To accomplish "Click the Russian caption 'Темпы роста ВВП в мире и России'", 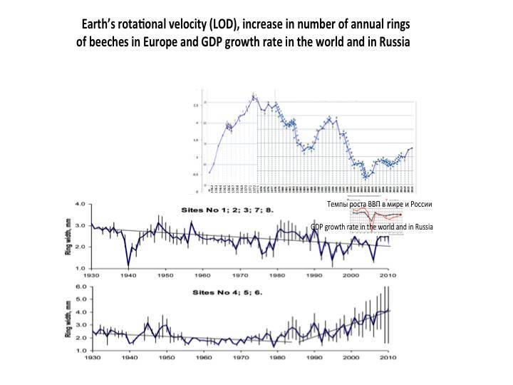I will (x=379, y=204).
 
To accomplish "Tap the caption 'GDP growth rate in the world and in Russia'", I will (x=372, y=227).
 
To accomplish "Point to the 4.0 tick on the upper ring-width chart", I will (x=81, y=205).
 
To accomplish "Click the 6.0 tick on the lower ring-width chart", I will (x=81, y=287).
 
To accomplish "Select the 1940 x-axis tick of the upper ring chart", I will (x=128, y=274).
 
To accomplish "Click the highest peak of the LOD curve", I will (x=254, y=96).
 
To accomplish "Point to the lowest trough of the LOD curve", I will (x=366, y=177).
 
